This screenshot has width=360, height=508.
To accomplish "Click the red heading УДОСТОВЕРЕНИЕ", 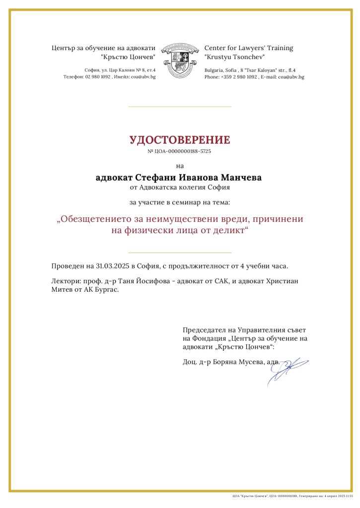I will (180, 140).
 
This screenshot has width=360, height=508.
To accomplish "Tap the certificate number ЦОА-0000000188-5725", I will (183, 151).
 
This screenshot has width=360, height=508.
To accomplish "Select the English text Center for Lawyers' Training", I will (249, 48).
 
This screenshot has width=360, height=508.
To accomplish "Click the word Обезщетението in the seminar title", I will (99, 219).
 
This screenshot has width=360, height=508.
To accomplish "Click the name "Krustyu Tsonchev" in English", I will (234, 58).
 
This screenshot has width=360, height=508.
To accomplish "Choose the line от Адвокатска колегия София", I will (180, 188).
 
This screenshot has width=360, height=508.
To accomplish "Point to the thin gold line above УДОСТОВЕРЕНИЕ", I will (180, 106).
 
